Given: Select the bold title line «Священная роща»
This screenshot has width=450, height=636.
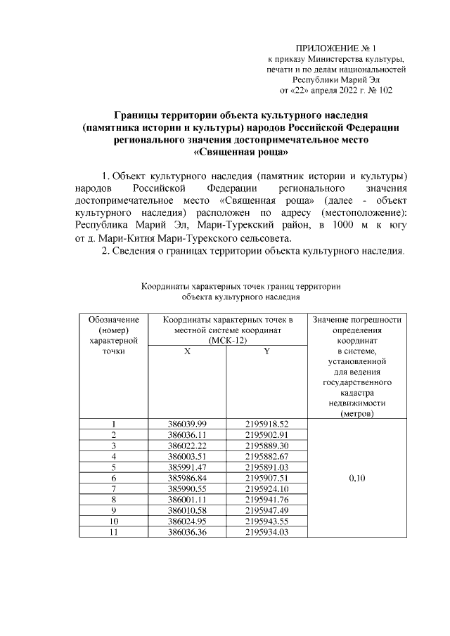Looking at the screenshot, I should pyautogui.click(x=241, y=151).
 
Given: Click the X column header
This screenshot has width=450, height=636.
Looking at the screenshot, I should pyautogui.click(x=187, y=351).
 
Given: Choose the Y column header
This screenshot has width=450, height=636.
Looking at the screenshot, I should pyautogui.click(x=266, y=351).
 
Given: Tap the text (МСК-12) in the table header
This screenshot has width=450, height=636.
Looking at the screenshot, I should pyautogui.click(x=227, y=341).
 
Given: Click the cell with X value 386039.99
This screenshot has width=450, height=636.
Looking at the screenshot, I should pyautogui.click(x=187, y=424).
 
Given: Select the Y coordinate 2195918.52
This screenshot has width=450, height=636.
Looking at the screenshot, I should pyautogui.click(x=266, y=424).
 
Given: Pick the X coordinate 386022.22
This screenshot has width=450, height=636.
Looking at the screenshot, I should pyautogui.click(x=187, y=446).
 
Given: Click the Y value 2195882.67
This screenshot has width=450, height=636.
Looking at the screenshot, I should pyautogui.click(x=266, y=457).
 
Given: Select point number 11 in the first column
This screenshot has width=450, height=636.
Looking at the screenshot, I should pyautogui.click(x=113, y=532).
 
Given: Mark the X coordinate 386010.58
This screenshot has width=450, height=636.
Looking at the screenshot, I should pyautogui.click(x=187, y=510).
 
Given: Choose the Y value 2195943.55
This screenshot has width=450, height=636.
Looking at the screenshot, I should pyautogui.click(x=266, y=521).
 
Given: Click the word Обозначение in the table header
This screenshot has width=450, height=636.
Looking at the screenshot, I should pyautogui.click(x=113, y=320).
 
